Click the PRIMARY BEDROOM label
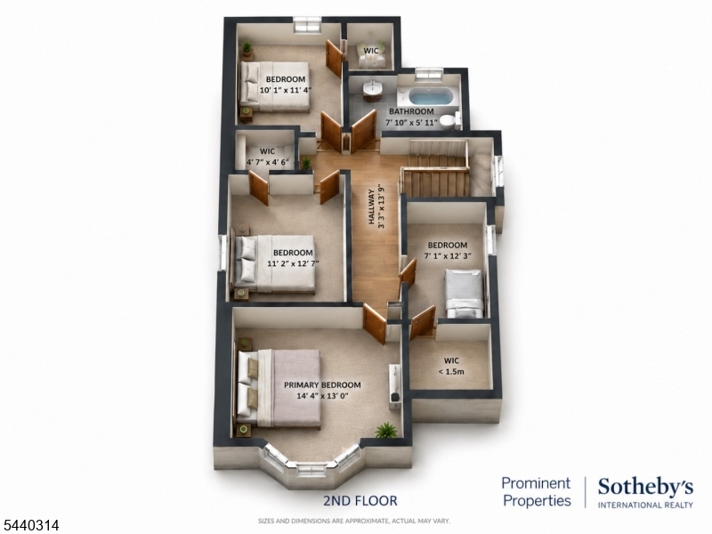point(322,385)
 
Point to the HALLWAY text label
point(372,207)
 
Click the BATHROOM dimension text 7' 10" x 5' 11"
point(411,123)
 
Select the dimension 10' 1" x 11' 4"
point(286,90)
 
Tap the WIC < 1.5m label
point(451,366)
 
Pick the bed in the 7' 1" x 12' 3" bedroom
point(464,294)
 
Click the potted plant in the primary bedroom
point(386,430)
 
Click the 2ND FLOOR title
point(360,501)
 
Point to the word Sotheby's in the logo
point(645,488)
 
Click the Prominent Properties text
point(536,492)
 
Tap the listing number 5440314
point(30,525)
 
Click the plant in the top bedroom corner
point(247,49)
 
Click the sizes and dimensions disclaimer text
point(354,521)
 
